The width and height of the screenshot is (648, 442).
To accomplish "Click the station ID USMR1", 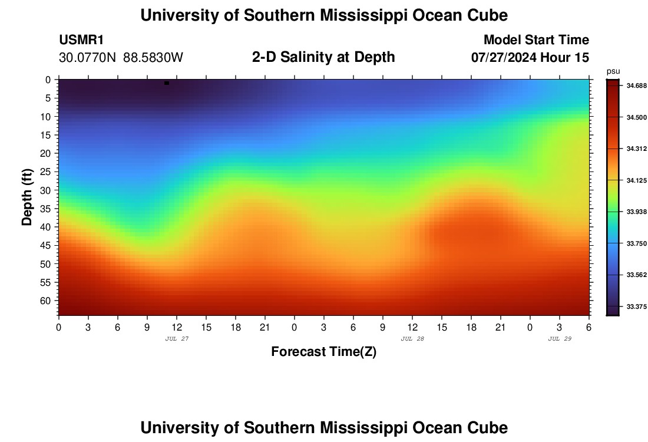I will click(81, 40).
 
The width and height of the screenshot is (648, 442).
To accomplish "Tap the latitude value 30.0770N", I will click(88, 58).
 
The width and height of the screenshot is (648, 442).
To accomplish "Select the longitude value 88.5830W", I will click(153, 58).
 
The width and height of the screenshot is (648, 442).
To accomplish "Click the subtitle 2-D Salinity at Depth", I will click(323, 57).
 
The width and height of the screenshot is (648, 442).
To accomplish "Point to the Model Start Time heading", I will click(536, 40).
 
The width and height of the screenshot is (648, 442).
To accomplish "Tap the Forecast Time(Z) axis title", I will click(323, 352).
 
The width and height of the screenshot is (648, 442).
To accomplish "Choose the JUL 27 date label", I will click(177, 339).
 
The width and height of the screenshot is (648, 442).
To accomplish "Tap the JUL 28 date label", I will click(412, 339).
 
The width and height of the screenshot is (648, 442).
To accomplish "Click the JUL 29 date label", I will click(560, 339).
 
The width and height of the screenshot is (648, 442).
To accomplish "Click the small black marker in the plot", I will click(167, 83).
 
